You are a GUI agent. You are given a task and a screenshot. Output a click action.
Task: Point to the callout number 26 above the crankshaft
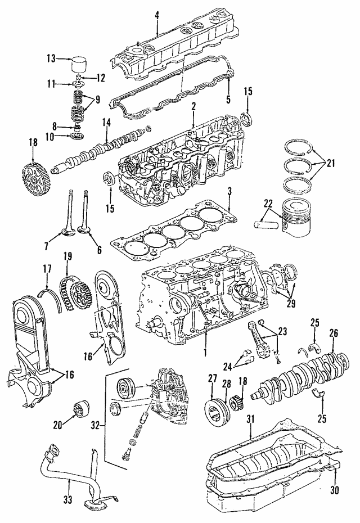click(x=333, y=333)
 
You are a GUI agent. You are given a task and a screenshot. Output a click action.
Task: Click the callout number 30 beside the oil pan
click(x=334, y=489)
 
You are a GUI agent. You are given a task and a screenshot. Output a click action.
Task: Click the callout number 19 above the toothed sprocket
click(x=67, y=256)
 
